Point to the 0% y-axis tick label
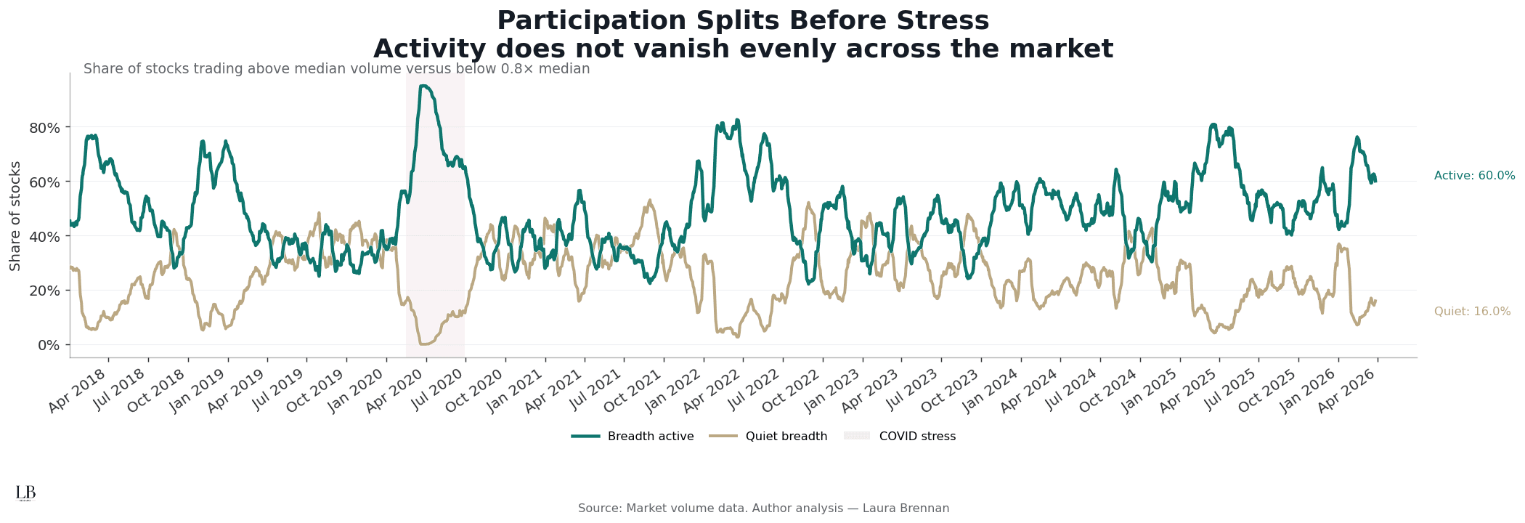tap(49, 345)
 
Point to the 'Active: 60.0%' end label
tap(1474, 176)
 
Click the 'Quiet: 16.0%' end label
tap(1472, 312)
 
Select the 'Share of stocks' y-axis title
tap(15, 216)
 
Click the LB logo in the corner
tap(25, 493)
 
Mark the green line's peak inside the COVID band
tap(423, 86)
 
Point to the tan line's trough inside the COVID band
tap(424, 344)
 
